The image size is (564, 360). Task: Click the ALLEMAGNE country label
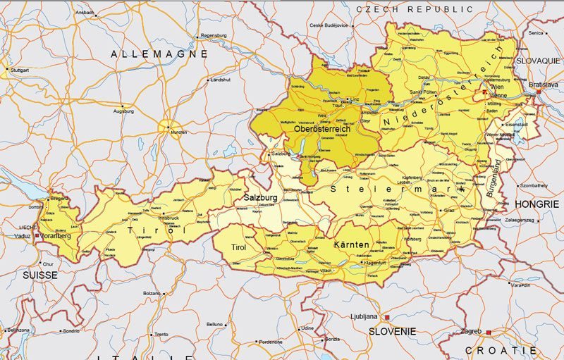tap(159, 54)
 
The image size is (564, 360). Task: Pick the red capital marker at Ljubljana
tap(386, 317)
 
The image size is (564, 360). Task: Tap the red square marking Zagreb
tap(488, 331)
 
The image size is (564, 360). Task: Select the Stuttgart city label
tap(20, 70)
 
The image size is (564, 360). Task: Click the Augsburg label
tap(123, 111)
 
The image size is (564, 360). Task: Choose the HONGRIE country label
tap(537, 203)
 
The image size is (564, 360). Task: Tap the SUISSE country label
tap(39, 275)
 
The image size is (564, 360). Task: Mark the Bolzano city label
tap(152, 293)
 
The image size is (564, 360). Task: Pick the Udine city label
tap(307, 328)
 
